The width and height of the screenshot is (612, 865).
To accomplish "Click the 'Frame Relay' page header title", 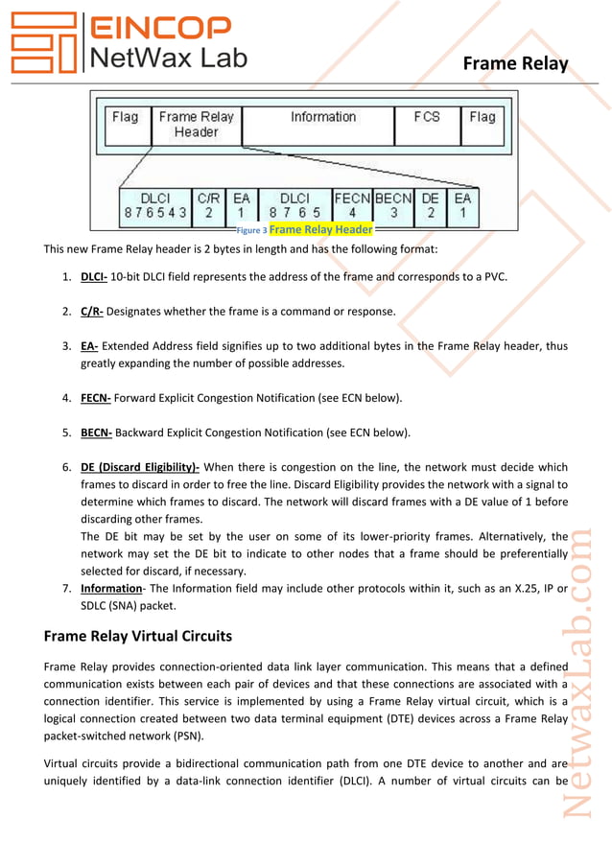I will (515, 64).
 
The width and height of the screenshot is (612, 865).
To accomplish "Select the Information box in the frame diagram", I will (322, 125).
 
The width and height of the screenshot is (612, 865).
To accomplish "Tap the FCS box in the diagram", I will (427, 125).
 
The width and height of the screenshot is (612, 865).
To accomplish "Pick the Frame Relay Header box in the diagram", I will (196, 125).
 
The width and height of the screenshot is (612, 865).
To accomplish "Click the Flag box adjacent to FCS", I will (483, 125).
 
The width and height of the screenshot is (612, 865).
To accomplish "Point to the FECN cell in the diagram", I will (352, 206).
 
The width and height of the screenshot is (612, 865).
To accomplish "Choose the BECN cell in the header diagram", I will (393, 206).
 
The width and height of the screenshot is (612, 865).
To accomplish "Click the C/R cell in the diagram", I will (208, 206).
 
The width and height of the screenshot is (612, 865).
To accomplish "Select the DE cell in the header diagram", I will (431, 206).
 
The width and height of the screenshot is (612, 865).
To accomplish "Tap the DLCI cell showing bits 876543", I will (154, 206).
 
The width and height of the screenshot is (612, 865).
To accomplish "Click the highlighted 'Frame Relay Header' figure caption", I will (320, 230).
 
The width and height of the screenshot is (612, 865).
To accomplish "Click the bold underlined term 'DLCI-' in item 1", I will (94, 277).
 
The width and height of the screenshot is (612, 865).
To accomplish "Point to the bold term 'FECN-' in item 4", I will (96, 398).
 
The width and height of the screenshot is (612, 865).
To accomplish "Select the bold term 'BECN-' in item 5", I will (96, 432).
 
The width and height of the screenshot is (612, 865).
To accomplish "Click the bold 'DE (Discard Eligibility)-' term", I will (140, 467).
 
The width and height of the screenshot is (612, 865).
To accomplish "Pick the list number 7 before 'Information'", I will (66, 588).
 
